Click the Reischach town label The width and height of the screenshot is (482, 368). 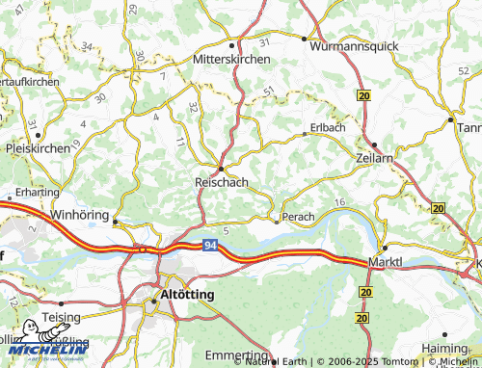click(223, 181)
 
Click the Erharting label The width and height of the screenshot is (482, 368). click(37, 192)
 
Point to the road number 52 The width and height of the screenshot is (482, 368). click(465, 70)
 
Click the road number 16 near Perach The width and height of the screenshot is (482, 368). click(338, 201)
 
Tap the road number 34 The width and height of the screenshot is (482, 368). click(89, 45)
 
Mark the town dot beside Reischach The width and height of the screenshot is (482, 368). click(221, 168)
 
